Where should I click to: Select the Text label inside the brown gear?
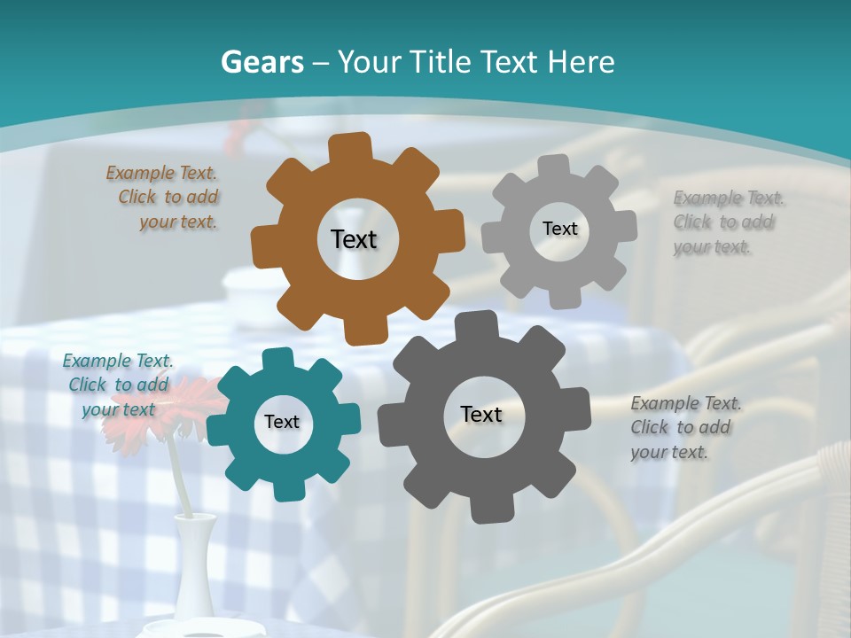coord(354,239)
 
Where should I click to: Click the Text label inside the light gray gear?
coord(559,229)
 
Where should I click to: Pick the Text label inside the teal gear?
coord(282,422)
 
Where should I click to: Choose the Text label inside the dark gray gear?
coord(481,414)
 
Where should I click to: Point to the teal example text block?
coord(119,385)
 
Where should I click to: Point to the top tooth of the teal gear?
coord(277,359)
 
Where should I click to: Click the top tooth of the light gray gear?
coord(554,166)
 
